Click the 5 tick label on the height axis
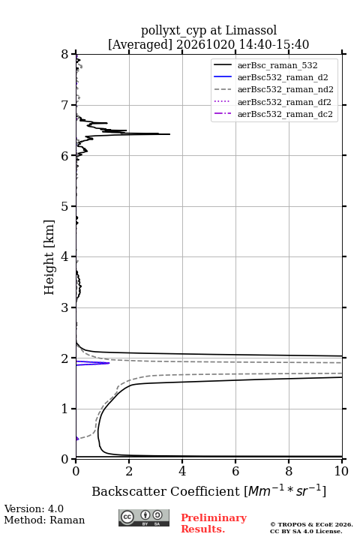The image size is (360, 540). (64, 206)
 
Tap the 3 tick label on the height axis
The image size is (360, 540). (64, 307)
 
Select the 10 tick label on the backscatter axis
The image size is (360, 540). (341, 471)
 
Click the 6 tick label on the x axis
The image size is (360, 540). (235, 471)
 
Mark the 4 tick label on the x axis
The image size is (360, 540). (182, 471)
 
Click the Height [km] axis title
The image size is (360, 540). (49, 257)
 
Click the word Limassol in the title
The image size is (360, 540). (251, 30)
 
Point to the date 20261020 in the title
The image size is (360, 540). (205, 44)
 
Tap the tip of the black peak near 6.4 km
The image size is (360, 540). (169, 134)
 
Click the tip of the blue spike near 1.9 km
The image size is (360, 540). (109, 363)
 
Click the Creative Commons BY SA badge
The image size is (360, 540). (144, 517)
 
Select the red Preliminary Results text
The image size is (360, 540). (214, 523)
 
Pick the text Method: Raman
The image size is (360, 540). (44, 520)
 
